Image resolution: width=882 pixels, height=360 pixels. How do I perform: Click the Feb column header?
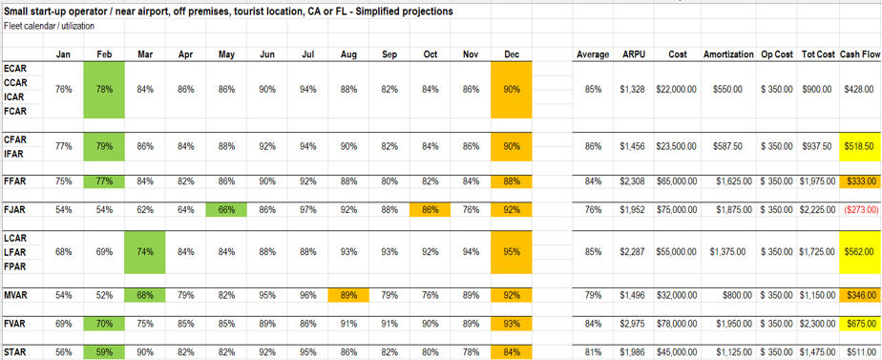[x=105, y=54]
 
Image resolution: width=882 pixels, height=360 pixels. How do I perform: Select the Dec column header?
[x=512, y=54]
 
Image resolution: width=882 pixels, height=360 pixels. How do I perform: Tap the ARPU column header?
[x=634, y=54]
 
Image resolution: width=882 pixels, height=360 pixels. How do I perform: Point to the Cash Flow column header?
[x=860, y=54]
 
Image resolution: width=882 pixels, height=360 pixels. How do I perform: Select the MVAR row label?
[x=16, y=295]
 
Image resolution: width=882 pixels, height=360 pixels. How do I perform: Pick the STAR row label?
[x=15, y=352]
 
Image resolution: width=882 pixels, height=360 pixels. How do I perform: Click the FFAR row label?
[x=15, y=180]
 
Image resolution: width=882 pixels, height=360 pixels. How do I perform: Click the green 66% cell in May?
[x=226, y=209]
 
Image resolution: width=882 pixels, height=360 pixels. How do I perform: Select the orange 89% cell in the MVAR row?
[x=348, y=295]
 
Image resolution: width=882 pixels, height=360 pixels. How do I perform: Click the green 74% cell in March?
[x=145, y=252]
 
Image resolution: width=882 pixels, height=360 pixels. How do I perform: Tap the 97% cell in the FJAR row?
[x=307, y=209]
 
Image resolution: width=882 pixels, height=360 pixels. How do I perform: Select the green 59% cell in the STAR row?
[x=105, y=352]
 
